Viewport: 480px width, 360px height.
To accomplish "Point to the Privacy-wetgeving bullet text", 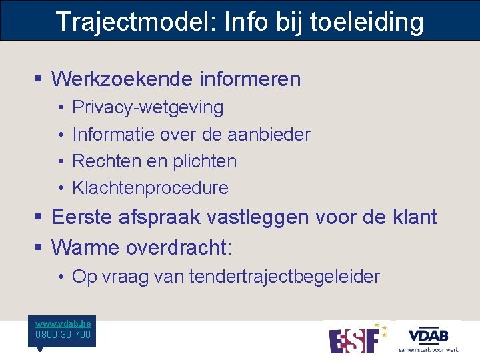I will (147, 107).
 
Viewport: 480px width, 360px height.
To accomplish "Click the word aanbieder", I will (269, 134).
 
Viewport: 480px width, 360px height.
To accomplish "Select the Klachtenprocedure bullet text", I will (150, 188).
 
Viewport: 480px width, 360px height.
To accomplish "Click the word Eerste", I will (84, 217).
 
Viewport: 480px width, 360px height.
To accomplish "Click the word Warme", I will (83, 248).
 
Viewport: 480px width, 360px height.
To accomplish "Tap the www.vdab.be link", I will (63, 323).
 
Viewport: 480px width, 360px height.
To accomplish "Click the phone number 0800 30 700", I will (63, 335).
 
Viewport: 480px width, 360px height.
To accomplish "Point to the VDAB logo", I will (429, 336).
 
